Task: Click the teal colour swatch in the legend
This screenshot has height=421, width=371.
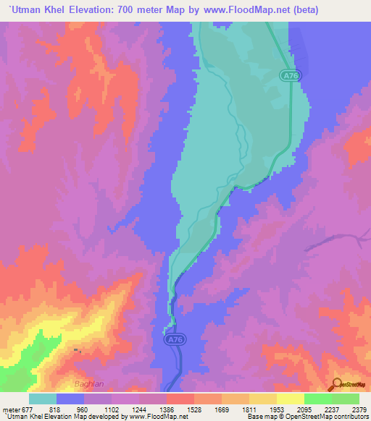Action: pyautogui.click(x=43, y=399)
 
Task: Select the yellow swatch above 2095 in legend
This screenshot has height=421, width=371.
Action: pyautogui.click(x=290, y=399)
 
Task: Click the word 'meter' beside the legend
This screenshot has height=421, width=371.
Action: pyautogui.click(x=10, y=409)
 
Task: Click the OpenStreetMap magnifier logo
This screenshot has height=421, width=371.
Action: pyautogui.click(x=335, y=384)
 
